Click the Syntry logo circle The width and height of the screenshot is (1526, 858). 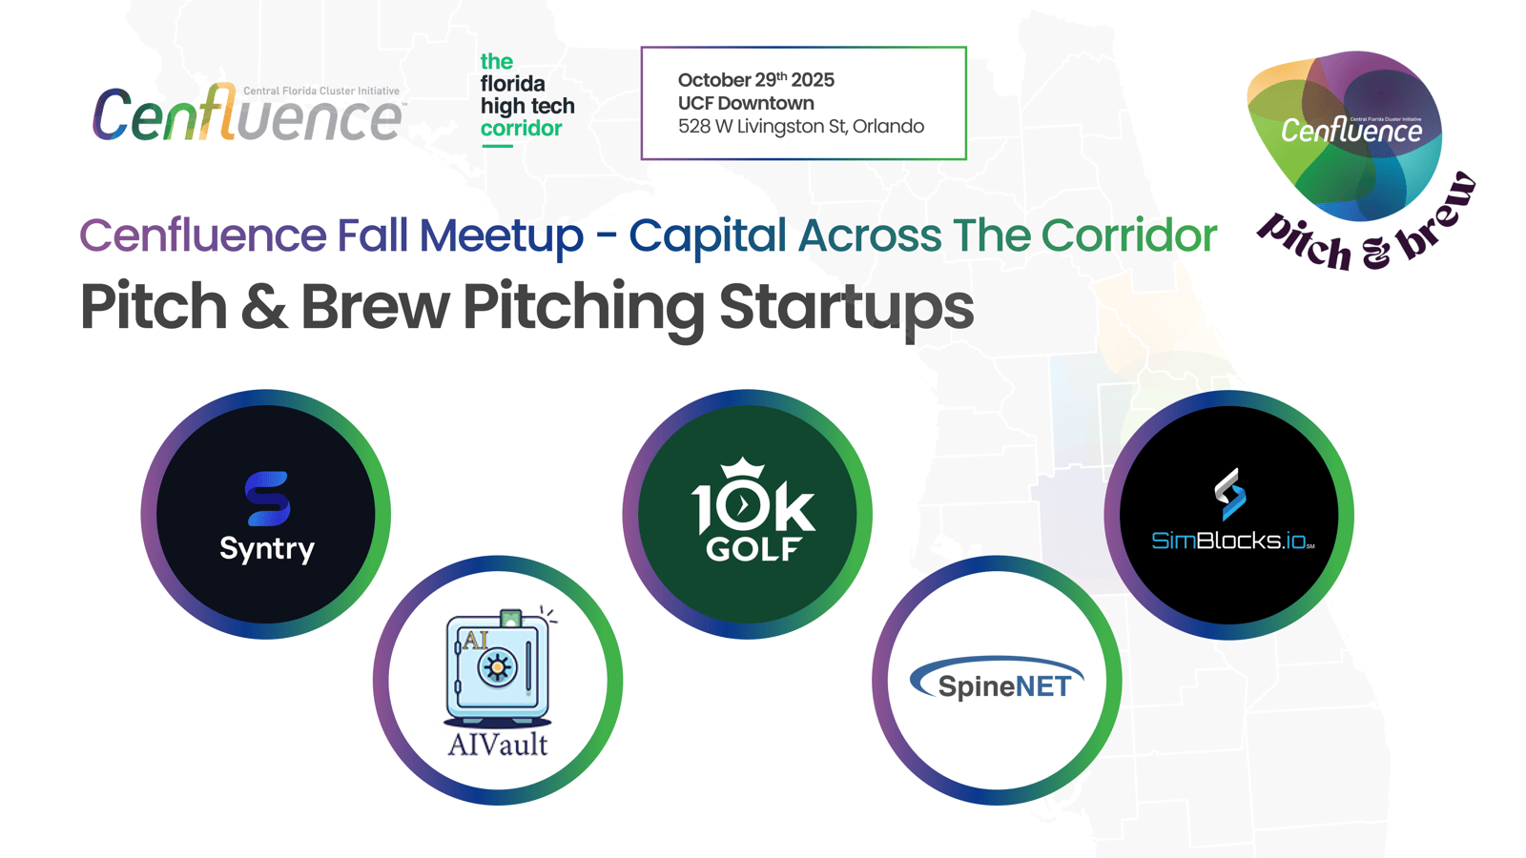[266, 514]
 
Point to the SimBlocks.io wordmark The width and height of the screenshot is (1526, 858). [1232, 541]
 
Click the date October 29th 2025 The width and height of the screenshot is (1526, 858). [755, 80]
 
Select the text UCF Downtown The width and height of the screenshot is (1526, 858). [745, 103]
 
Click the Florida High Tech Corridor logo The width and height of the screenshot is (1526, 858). [527, 99]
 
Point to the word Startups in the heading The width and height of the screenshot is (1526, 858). [847, 307]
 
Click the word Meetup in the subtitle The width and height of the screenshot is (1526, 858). [502, 235]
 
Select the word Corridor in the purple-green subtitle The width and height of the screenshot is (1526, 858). [1129, 235]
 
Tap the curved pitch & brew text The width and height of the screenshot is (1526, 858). [1366, 228]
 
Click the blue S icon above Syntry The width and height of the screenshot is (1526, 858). [267, 499]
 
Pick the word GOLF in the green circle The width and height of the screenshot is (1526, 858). [753, 549]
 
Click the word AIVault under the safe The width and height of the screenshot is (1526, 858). [497, 745]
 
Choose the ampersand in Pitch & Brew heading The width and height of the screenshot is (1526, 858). [263, 306]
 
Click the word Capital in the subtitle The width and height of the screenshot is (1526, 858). [707, 235]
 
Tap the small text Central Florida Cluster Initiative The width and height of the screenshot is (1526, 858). [320, 91]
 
